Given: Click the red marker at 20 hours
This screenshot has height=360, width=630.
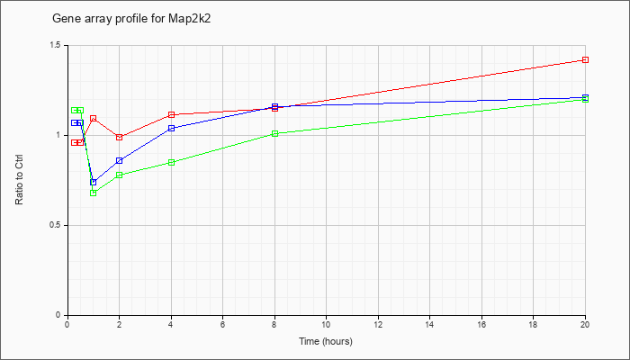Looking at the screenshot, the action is (585, 60).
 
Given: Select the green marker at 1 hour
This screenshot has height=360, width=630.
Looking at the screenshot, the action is (94, 193).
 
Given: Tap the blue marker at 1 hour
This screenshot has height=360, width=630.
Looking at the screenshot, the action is (94, 183).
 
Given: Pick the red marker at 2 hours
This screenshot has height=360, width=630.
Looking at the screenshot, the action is (120, 137).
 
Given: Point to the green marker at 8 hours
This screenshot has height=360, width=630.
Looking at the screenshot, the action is (274, 133).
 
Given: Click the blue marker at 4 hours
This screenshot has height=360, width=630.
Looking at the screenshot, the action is (171, 128).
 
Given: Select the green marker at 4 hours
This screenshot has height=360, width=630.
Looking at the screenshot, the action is (171, 162).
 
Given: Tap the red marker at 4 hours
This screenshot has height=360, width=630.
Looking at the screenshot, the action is (171, 115).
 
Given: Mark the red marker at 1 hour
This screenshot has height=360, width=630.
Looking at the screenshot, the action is (94, 119).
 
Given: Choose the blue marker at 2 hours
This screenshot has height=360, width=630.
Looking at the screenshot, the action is (120, 161).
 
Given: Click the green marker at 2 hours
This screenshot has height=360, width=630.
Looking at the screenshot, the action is (120, 175).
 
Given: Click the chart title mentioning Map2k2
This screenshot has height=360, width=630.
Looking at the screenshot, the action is (131, 19).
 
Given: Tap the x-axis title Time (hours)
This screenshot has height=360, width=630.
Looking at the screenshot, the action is (326, 341).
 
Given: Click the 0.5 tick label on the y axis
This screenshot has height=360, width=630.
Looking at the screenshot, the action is (58, 225).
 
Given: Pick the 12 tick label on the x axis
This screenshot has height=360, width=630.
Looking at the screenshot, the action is (378, 324).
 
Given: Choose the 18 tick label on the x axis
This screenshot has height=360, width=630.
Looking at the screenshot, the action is (533, 324).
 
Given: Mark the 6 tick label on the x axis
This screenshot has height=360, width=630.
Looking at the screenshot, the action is (223, 324).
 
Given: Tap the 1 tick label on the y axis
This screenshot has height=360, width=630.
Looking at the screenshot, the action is (61, 135).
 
